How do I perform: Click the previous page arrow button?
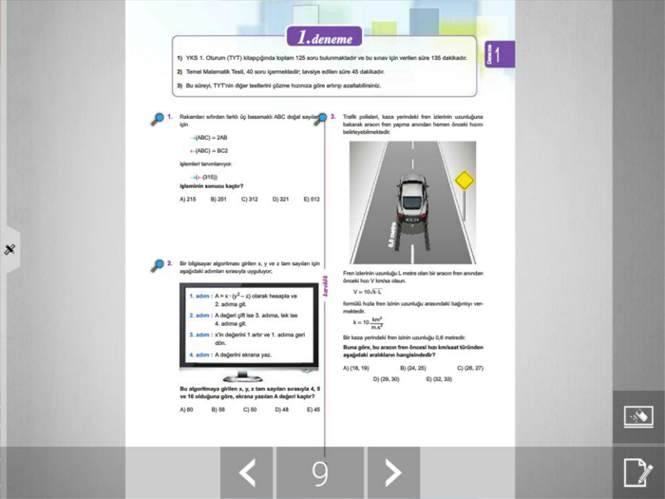[247, 472]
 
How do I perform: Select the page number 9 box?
[320, 472]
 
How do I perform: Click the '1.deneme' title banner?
[325, 39]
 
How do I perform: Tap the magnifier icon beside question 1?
[159, 119]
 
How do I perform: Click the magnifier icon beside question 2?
[159, 265]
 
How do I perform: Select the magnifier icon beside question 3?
[322, 119]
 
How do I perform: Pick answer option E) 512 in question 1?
[312, 200]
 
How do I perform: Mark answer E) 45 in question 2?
[312, 410]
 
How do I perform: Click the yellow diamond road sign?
[464, 180]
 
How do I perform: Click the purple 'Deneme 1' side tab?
[499, 54]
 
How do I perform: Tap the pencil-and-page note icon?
[637, 471]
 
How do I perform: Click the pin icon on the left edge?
[9, 250]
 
